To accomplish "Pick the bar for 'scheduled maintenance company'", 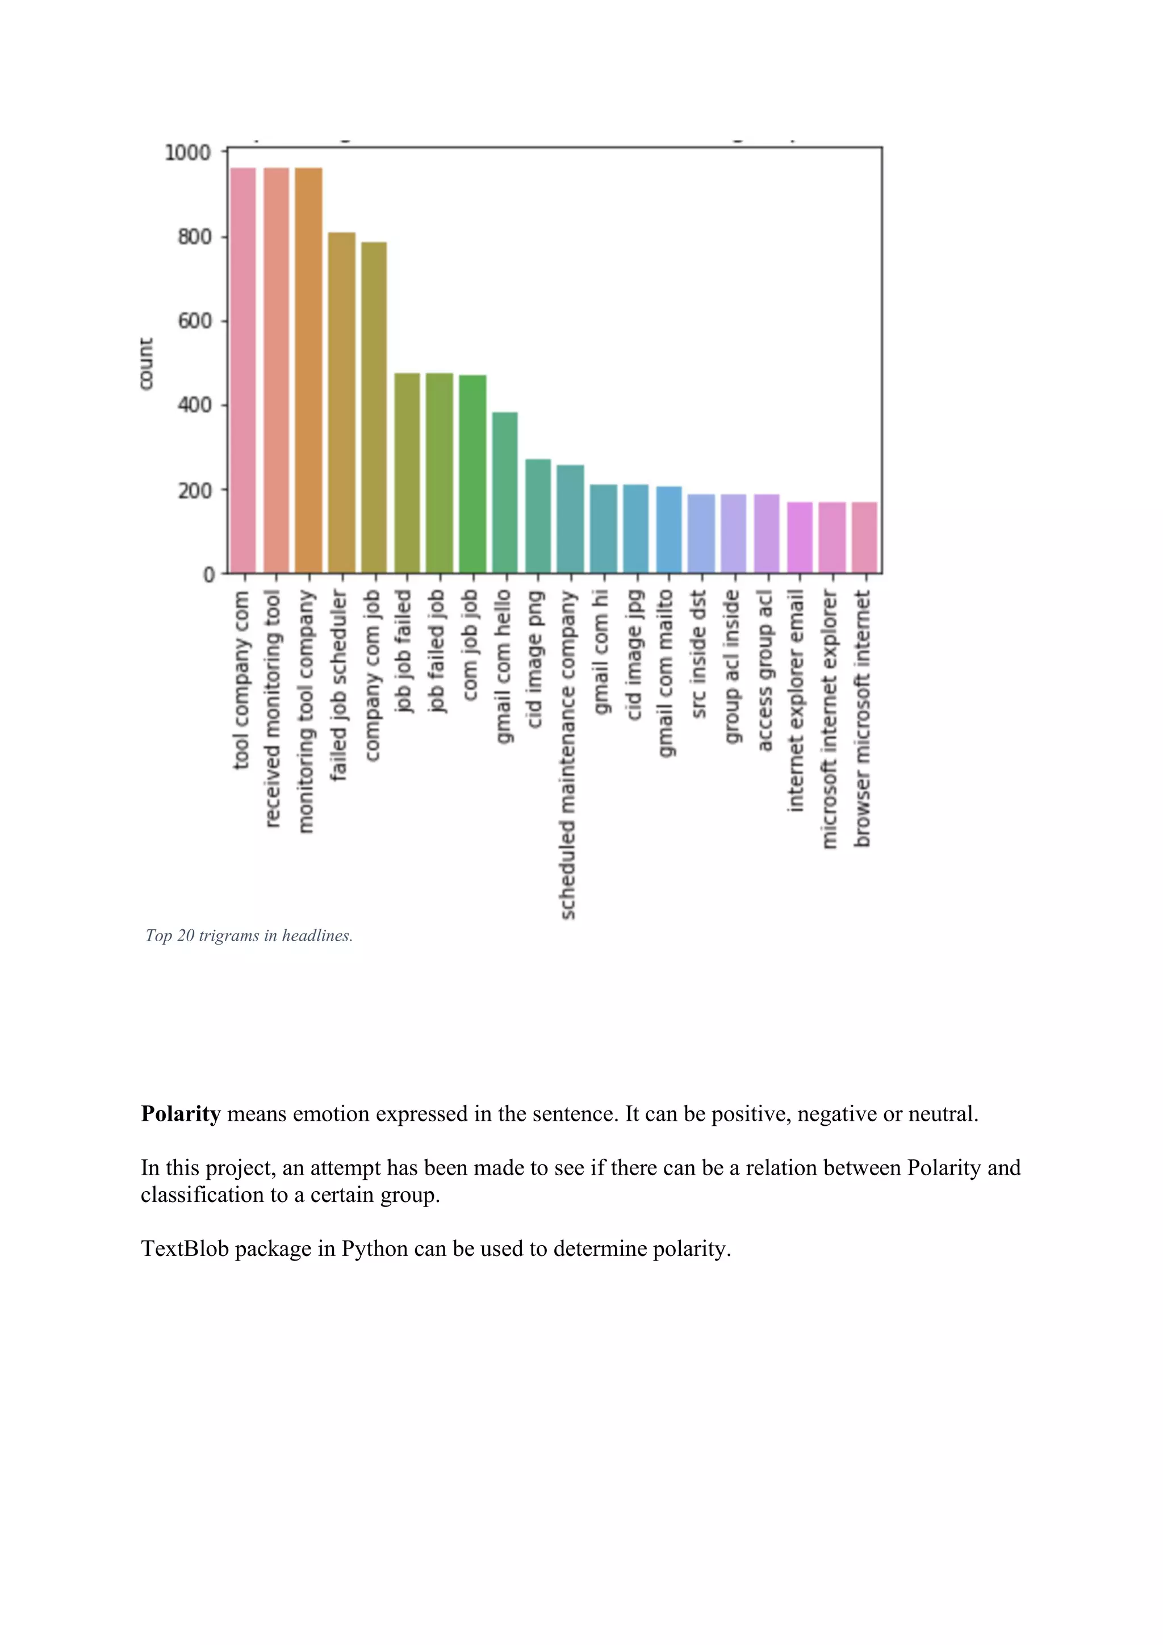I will pos(571,519).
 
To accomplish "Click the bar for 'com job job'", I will pos(472,474).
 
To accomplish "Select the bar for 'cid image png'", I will pos(538,516).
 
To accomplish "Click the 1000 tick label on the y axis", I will pos(187,153).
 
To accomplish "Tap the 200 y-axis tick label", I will pos(195,491).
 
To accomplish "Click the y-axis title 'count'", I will pos(146,364).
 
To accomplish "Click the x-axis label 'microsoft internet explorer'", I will pos(829,719).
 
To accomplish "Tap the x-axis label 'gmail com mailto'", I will pos(666,673).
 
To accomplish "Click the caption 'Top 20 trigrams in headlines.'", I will pos(249,936).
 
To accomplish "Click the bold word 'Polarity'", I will pos(181,1114).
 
